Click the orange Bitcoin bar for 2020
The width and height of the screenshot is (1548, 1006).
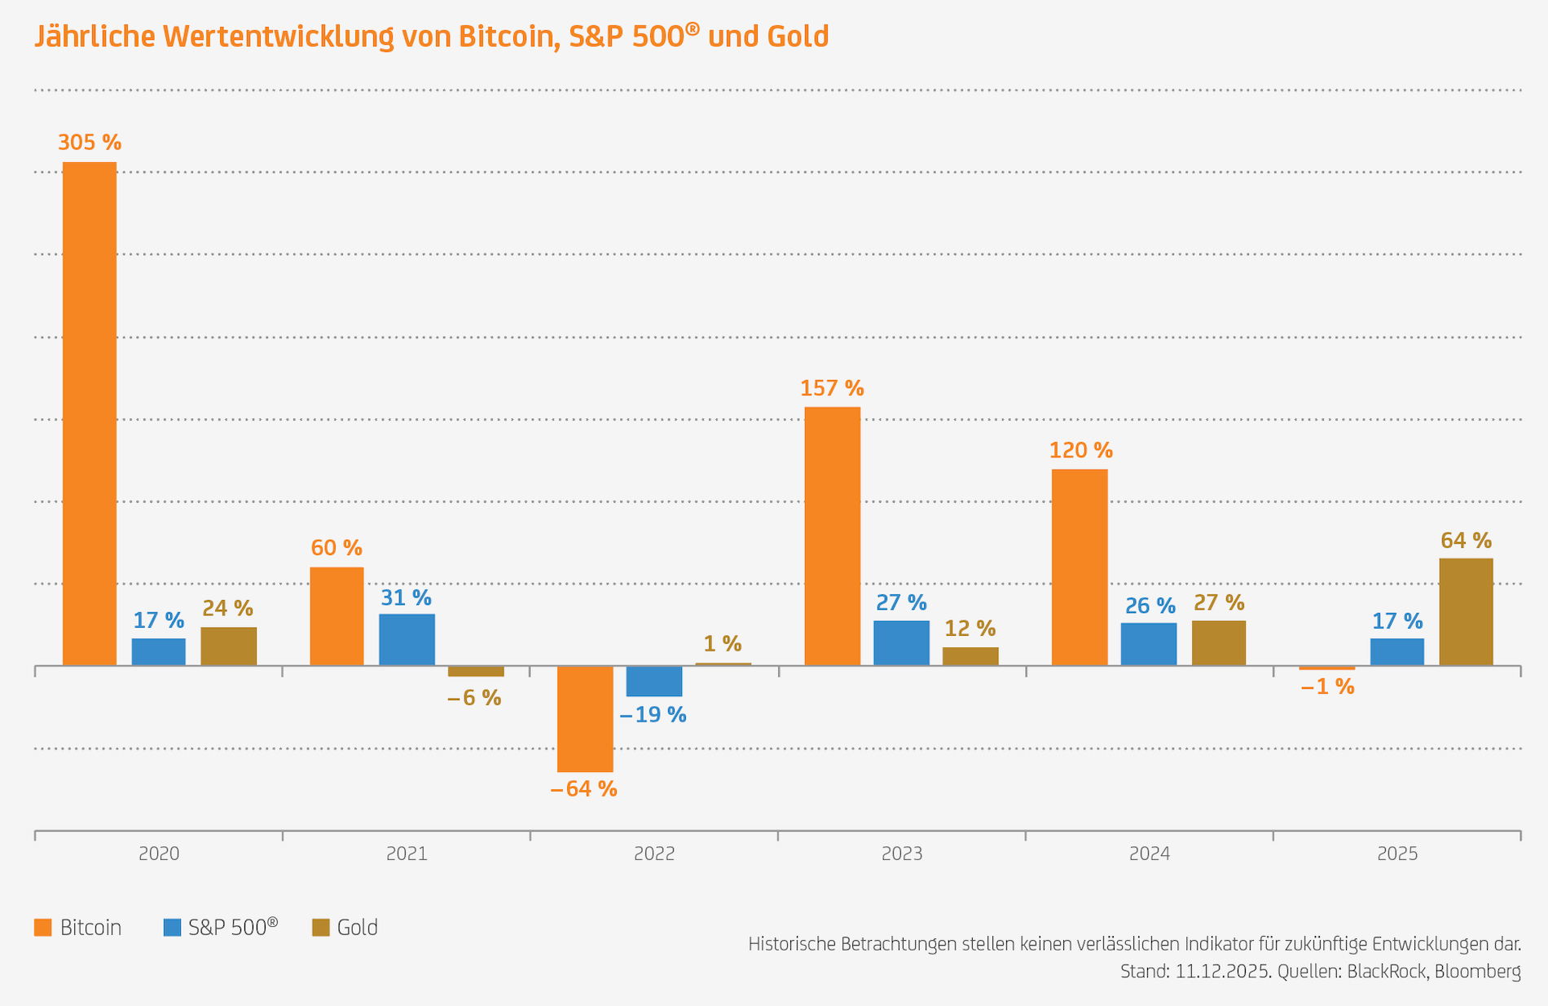point(90,413)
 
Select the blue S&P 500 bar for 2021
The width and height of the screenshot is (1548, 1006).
point(407,639)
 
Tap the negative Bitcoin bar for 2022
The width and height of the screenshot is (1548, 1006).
point(585,718)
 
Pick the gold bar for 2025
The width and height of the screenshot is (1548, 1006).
point(1466,611)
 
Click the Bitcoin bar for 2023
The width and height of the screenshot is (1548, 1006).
point(832,536)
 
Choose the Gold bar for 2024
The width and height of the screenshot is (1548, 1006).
point(1218,642)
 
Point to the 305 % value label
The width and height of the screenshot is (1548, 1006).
point(90,143)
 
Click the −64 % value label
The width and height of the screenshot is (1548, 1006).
point(583,789)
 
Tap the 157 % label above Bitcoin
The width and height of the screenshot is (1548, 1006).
point(832,388)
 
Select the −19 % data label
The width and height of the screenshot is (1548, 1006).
point(653,715)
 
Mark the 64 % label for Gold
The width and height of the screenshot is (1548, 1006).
point(1466,541)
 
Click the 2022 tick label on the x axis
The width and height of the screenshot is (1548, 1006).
point(654,854)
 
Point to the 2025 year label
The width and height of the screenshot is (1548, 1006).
point(1397,854)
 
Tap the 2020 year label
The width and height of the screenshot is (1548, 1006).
point(159,854)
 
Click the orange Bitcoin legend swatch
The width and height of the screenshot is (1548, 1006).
point(43,928)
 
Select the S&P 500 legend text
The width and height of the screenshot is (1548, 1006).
point(233,928)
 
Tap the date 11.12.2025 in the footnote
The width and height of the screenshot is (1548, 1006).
point(1222,972)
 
